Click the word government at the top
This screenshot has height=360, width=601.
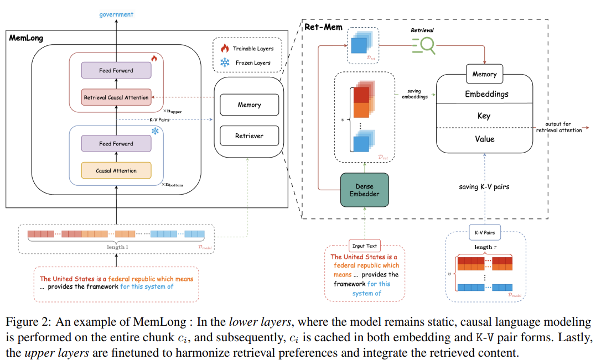tap(116, 15)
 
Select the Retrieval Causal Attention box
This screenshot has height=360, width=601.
tap(116, 97)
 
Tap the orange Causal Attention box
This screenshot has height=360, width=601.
tap(116, 170)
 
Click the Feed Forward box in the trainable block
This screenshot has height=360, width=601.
tap(116, 70)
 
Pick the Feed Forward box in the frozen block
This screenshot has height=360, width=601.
tap(116, 144)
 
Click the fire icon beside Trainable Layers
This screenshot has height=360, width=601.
tap(225, 49)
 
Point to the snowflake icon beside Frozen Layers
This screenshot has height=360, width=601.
tap(225, 62)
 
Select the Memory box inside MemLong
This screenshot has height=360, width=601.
tap(249, 105)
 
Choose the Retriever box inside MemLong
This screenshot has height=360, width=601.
tap(249, 135)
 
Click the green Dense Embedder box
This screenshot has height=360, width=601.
tap(365, 190)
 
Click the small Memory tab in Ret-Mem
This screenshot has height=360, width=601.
tap(484, 74)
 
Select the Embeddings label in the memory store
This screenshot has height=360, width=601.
tap(486, 94)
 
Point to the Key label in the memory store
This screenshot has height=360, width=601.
tap(484, 116)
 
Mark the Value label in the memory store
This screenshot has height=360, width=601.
tap(484, 139)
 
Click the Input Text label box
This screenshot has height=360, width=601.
tap(364, 246)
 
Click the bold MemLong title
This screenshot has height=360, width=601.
tap(27, 38)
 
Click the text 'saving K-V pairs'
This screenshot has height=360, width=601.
tap(484, 186)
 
